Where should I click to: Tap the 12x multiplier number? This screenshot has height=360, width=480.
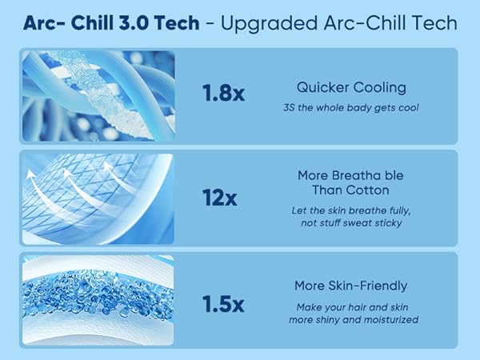(x=219, y=196)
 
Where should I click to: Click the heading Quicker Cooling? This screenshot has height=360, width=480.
(x=352, y=87)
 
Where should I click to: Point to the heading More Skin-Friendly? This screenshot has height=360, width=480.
(x=352, y=286)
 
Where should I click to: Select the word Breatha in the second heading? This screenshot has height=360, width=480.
(x=334, y=174)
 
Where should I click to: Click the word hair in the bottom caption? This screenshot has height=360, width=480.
(x=357, y=307)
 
